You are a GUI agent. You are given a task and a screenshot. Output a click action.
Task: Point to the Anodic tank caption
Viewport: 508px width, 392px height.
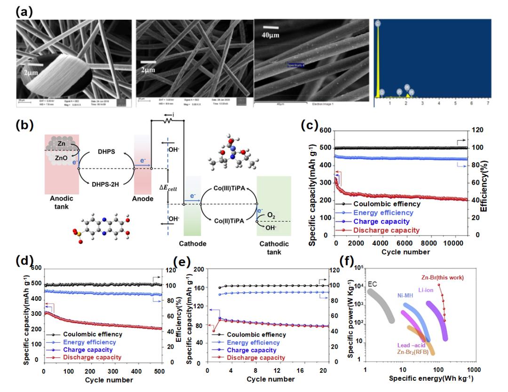(59, 202)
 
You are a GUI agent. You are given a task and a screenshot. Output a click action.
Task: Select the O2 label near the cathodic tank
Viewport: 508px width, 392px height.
(271, 215)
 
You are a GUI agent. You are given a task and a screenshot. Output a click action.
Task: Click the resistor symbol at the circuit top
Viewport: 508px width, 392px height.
(167, 121)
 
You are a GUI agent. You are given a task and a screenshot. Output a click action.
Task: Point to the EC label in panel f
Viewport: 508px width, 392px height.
(373, 284)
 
